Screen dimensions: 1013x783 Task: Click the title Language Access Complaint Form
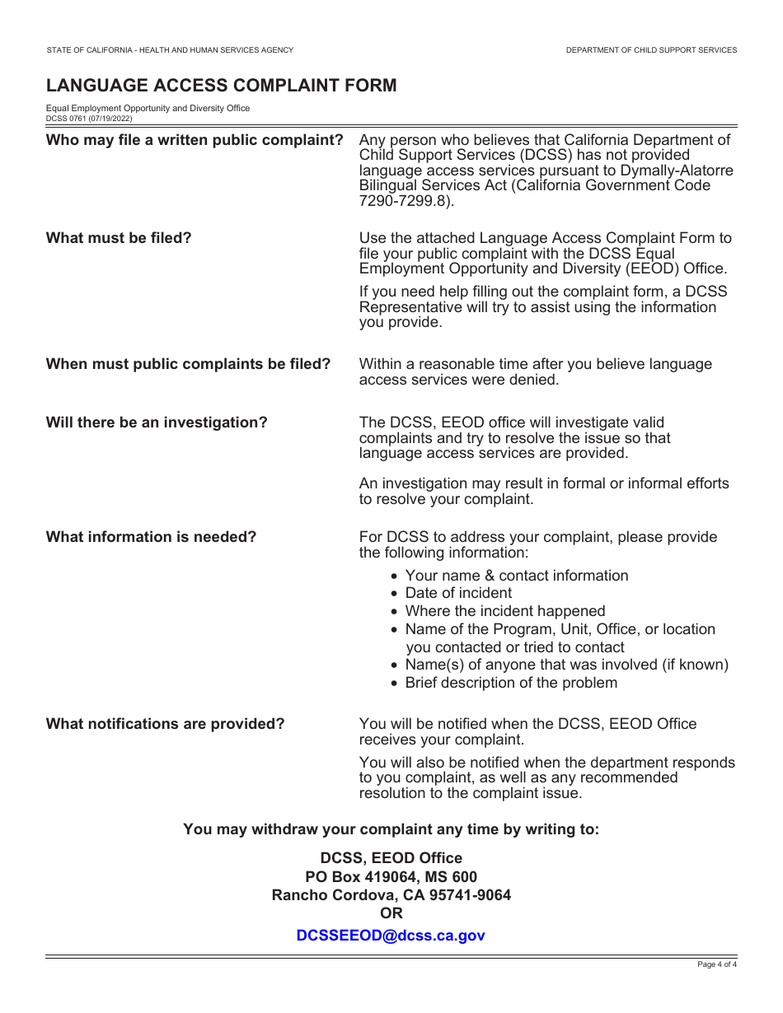[x=221, y=86]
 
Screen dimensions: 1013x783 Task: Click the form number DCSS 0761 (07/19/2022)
[x=89, y=119]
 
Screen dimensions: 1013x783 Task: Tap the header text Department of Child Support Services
[x=651, y=50]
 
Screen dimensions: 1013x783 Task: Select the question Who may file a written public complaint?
[x=195, y=140]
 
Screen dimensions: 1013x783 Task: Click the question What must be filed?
[x=119, y=238]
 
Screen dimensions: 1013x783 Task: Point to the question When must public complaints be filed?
[x=188, y=364]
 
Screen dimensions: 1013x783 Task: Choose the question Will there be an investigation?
[x=157, y=422]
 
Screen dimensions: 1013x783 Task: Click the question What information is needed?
[x=151, y=537]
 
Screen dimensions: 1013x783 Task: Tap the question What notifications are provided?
[x=165, y=724]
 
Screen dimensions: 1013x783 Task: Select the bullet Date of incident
[x=458, y=593]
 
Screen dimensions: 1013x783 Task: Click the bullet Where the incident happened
[x=504, y=611]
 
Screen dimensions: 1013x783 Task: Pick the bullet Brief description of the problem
[x=511, y=683]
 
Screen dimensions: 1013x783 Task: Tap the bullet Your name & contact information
[x=516, y=576]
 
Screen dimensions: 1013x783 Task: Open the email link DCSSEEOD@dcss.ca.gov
[x=391, y=936]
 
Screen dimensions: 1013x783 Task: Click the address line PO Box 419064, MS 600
[x=391, y=877]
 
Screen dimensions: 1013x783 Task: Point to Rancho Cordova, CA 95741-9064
[x=391, y=895]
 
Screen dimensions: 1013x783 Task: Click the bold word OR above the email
[x=391, y=913]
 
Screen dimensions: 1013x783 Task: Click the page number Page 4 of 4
[x=716, y=964]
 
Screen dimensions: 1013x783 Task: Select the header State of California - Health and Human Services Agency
[x=170, y=50]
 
